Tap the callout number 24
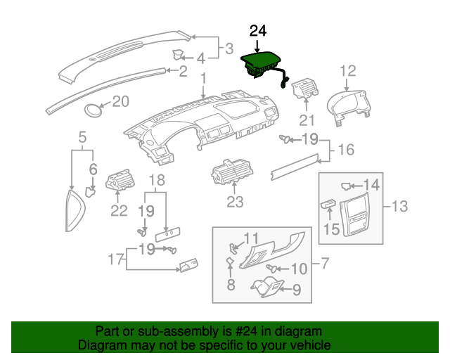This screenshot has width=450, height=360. tap(258, 31)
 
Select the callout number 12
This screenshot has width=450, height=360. tap(348, 70)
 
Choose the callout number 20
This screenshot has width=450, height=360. tap(121, 102)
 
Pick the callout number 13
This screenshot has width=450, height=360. tap(399, 206)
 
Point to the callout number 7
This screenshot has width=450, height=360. tap(324, 264)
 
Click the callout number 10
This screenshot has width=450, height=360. tap(299, 269)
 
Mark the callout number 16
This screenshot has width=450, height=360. tap(346, 150)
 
